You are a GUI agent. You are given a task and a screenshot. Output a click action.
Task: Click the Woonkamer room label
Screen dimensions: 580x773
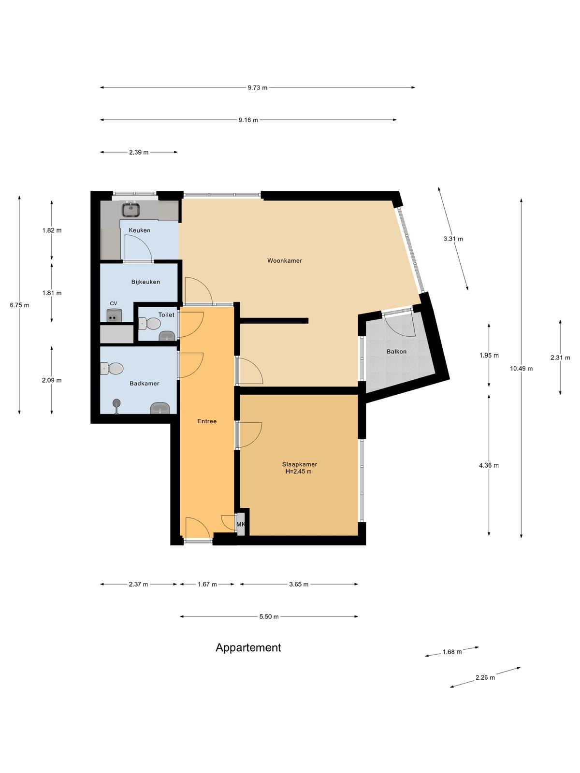click(x=285, y=260)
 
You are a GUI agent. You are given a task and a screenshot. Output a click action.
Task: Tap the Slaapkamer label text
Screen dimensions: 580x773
click(x=299, y=464)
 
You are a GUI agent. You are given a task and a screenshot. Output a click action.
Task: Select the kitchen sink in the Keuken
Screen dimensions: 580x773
click(x=131, y=209)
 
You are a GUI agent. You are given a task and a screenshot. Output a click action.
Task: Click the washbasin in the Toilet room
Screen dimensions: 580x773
click(x=167, y=336)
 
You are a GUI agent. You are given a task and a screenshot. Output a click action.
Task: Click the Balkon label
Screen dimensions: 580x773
click(x=396, y=351)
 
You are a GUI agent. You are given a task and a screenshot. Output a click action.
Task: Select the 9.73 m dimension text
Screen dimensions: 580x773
click(x=258, y=88)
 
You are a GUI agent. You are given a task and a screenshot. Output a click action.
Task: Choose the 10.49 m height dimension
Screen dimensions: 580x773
click(x=521, y=368)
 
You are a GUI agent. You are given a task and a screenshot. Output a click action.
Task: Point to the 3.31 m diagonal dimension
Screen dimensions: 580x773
click(x=453, y=239)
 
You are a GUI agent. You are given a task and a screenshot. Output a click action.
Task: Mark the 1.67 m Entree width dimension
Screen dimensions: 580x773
click(x=207, y=584)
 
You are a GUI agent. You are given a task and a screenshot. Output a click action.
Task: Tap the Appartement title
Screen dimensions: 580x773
click(x=248, y=648)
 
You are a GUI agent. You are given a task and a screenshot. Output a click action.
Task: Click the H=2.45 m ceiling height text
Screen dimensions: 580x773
click(x=298, y=472)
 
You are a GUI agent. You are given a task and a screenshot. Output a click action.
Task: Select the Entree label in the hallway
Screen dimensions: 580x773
click(x=207, y=421)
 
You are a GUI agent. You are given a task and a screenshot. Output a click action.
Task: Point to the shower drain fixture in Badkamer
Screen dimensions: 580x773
click(x=116, y=406)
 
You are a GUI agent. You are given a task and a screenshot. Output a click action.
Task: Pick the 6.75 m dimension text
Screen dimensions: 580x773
click(x=19, y=305)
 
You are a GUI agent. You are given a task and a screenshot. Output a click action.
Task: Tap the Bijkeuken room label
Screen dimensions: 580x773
click(x=145, y=282)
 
